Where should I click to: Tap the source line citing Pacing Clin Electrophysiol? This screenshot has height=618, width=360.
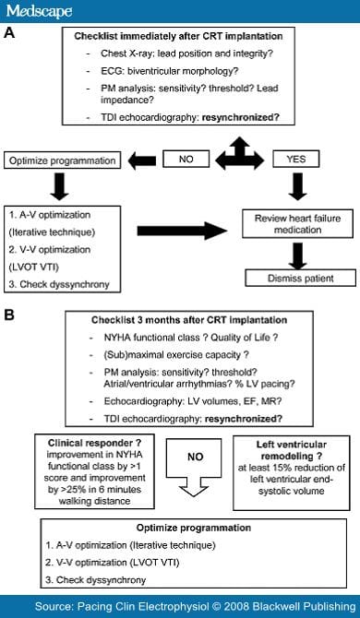click(198, 606)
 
